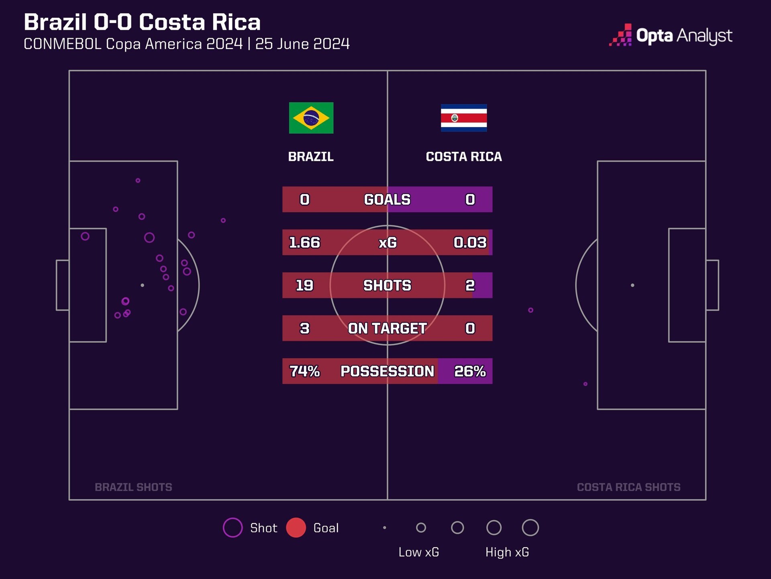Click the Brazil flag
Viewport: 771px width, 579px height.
pyautogui.click(x=311, y=118)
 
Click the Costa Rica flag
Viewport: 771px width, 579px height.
pyautogui.click(x=464, y=118)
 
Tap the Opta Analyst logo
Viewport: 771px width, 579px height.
pyautogui.click(x=671, y=36)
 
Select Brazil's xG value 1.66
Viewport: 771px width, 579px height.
pyautogui.click(x=304, y=242)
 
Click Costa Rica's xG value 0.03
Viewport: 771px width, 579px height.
pyautogui.click(x=470, y=242)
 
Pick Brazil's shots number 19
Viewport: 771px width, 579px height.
pyautogui.click(x=304, y=285)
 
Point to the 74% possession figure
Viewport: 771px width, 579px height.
pyautogui.click(x=304, y=371)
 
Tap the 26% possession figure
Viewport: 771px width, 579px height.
pyautogui.click(x=470, y=371)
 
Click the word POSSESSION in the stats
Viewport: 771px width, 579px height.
pyautogui.click(x=387, y=371)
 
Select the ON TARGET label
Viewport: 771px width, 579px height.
pyautogui.click(x=387, y=329)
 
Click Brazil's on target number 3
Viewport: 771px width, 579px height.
pyautogui.click(x=304, y=329)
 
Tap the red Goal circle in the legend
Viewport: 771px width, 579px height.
pyautogui.click(x=296, y=528)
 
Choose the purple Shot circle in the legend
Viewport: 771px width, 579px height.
pyautogui.click(x=233, y=528)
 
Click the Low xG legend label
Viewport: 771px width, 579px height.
pyautogui.click(x=418, y=552)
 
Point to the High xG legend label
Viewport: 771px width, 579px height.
pyautogui.click(x=507, y=552)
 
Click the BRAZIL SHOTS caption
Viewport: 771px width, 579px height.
pyautogui.click(x=133, y=487)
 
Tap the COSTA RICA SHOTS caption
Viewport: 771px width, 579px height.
pyautogui.click(x=628, y=487)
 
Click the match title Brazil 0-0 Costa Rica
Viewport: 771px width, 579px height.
pyautogui.click(x=142, y=22)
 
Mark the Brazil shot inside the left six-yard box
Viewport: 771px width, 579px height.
pyautogui.click(x=85, y=236)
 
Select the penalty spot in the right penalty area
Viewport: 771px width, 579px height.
pyautogui.click(x=632, y=285)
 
